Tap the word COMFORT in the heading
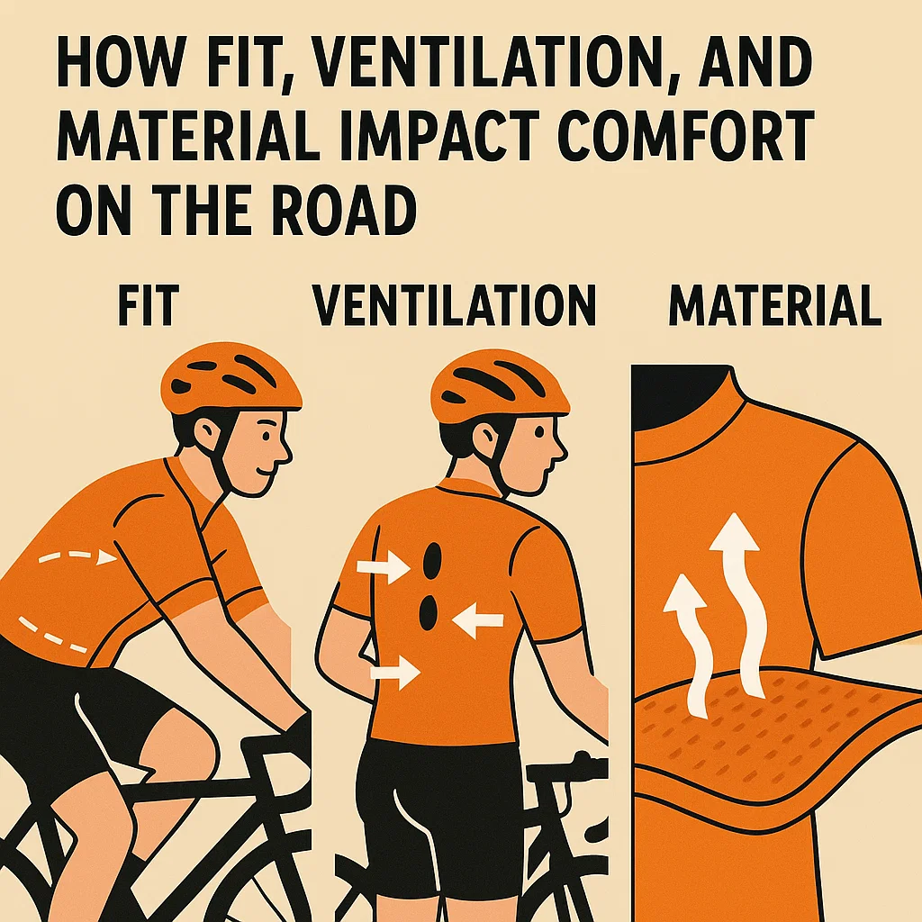(x=685, y=138)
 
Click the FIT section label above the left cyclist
(x=149, y=306)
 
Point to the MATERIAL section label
(x=775, y=306)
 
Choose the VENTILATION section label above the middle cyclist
(x=454, y=306)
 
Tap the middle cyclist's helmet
(x=500, y=385)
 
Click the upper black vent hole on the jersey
(x=432, y=562)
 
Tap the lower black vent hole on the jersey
(x=428, y=611)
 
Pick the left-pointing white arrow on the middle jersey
(x=477, y=619)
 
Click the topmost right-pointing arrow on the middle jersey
(x=384, y=567)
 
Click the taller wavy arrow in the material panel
(x=742, y=606)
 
